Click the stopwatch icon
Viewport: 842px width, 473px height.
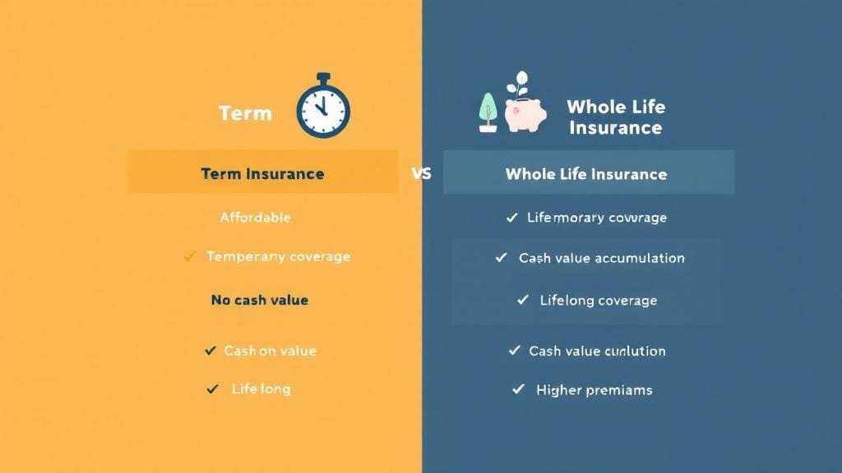[322, 107]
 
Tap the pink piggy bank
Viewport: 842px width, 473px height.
[525, 115]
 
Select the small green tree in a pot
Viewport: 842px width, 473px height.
[488, 112]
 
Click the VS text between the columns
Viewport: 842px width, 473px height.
[420, 174]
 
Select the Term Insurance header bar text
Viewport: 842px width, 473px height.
[262, 174]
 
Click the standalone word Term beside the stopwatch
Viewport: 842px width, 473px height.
[245, 113]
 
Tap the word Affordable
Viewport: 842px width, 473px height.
[255, 218]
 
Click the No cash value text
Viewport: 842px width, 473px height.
[259, 300]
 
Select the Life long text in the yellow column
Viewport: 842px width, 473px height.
[261, 388]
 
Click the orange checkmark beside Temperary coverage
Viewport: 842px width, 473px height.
[190, 257]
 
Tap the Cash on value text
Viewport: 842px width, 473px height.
[270, 351]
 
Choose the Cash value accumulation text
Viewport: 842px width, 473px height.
[601, 258]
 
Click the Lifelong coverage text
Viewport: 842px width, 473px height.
[598, 301]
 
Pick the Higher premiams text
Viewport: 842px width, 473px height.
[594, 390]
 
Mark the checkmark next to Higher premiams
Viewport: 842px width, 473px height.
[518, 389]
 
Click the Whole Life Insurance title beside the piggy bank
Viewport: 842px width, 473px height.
[615, 117]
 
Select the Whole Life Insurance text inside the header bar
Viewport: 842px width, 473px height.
[585, 174]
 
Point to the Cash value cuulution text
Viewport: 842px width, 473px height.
[597, 351]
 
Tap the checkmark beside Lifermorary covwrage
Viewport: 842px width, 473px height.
[511, 218]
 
